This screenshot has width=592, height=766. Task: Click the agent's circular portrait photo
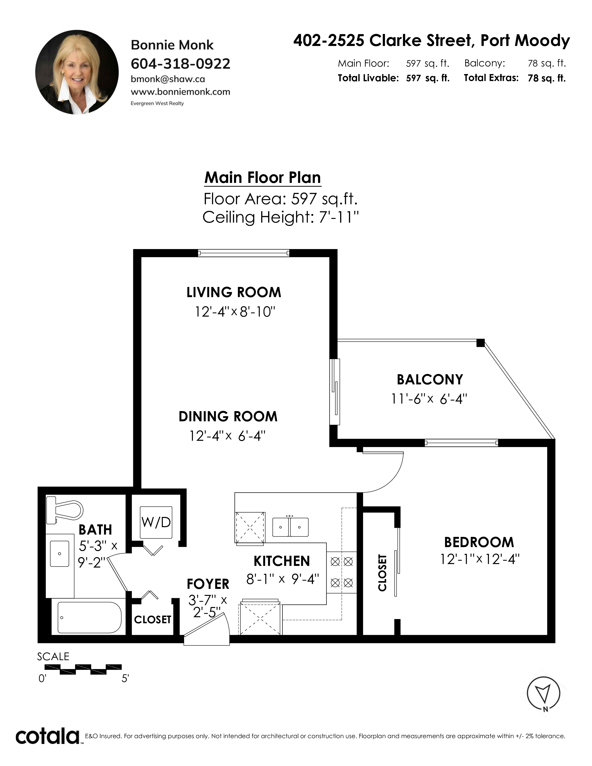(x=77, y=72)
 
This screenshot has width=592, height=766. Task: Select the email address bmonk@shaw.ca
(x=168, y=79)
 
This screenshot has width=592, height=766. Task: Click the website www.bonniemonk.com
(x=180, y=92)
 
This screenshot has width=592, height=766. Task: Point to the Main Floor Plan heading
(x=263, y=178)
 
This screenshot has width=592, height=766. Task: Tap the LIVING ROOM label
(x=234, y=292)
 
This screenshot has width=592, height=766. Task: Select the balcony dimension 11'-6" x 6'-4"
(x=429, y=399)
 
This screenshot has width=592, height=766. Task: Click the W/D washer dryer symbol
(x=156, y=522)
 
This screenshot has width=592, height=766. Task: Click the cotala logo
(x=47, y=736)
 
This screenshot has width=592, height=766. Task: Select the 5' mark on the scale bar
(x=125, y=679)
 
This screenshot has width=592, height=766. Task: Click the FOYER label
(x=208, y=584)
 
